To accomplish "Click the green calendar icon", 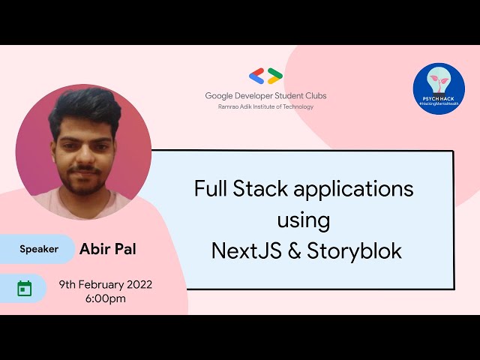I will (25, 288).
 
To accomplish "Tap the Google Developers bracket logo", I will (265, 76).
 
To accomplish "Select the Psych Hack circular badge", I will (439, 89).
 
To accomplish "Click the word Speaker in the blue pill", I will (39, 249).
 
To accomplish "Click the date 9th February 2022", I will (106, 284).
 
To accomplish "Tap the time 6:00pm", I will (106, 298).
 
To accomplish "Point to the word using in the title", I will (303, 220).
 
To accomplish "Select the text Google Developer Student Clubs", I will (265, 96).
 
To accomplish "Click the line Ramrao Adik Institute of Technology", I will (265, 106).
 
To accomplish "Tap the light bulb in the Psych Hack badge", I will (439, 82).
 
